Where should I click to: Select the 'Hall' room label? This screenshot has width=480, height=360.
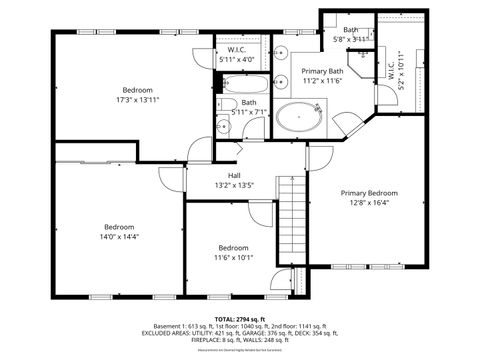234,176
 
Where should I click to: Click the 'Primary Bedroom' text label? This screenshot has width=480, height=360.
368,193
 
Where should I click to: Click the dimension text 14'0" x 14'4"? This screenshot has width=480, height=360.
119,236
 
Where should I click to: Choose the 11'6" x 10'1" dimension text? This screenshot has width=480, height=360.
233,257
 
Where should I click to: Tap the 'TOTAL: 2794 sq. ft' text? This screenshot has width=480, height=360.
239,318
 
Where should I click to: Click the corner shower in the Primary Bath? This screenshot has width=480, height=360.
350,125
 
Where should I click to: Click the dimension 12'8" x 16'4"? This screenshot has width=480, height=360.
368,202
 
